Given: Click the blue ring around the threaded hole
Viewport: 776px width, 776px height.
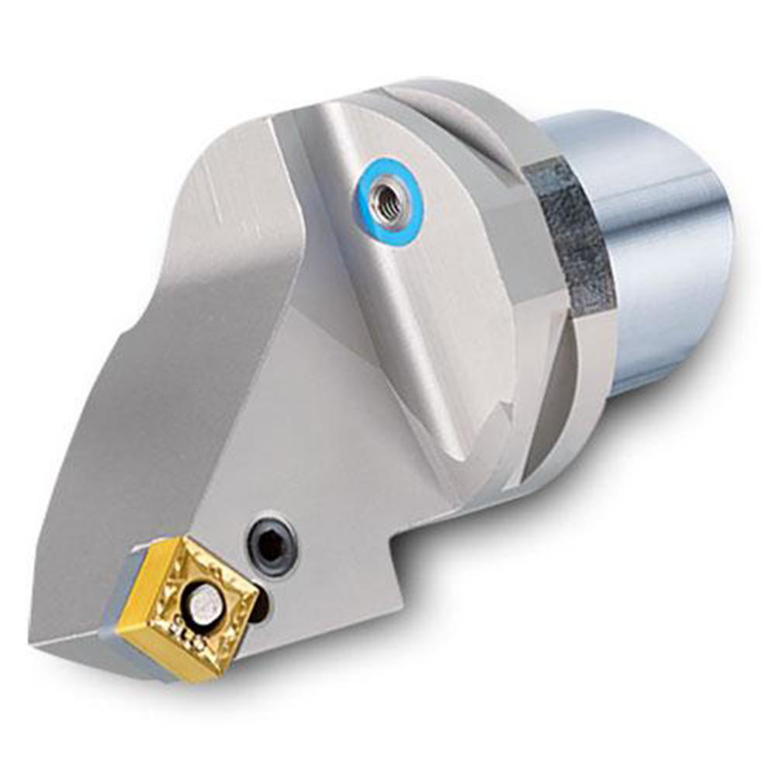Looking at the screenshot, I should point(388,225).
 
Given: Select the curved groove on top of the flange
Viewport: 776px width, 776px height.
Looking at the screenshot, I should point(458,132).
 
